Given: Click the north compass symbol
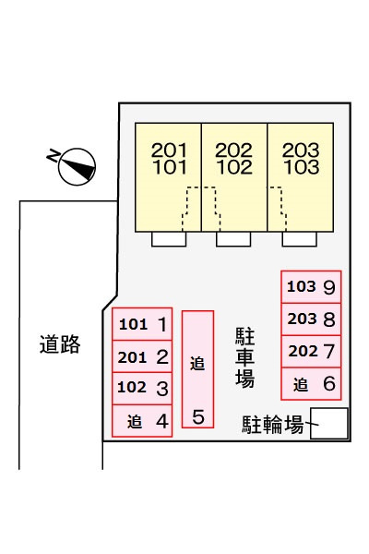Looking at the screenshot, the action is [x=77, y=166].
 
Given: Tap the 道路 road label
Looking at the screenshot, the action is [x=60, y=344].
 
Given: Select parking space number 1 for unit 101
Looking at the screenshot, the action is [x=142, y=324].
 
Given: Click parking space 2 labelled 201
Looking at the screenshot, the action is [x=142, y=356].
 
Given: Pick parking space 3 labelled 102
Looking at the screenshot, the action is [x=142, y=389].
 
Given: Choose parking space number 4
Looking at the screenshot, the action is [x=142, y=421].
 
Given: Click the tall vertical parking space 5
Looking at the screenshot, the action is [x=197, y=369].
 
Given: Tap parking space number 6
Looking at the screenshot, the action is [x=311, y=384].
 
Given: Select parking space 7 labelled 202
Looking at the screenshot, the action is [x=311, y=352].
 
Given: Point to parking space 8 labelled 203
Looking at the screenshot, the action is [x=311, y=319].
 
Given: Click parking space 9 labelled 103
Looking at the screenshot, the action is [x=311, y=287].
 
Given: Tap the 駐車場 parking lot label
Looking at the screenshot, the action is [x=244, y=357].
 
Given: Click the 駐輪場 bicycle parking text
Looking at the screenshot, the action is [x=273, y=425].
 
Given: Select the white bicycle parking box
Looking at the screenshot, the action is [x=329, y=424].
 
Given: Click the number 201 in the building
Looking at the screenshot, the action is [x=169, y=151].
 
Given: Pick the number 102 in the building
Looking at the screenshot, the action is [x=234, y=167].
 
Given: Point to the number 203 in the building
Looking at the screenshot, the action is [x=301, y=151].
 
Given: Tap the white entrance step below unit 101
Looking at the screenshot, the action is [x=169, y=239].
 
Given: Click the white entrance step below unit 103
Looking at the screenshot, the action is [x=300, y=239].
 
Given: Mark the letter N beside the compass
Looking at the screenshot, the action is [x=53, y=155].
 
